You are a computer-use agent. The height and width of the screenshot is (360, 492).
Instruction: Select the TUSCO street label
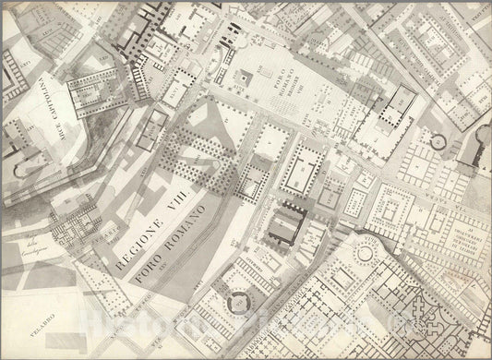[107, 232]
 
